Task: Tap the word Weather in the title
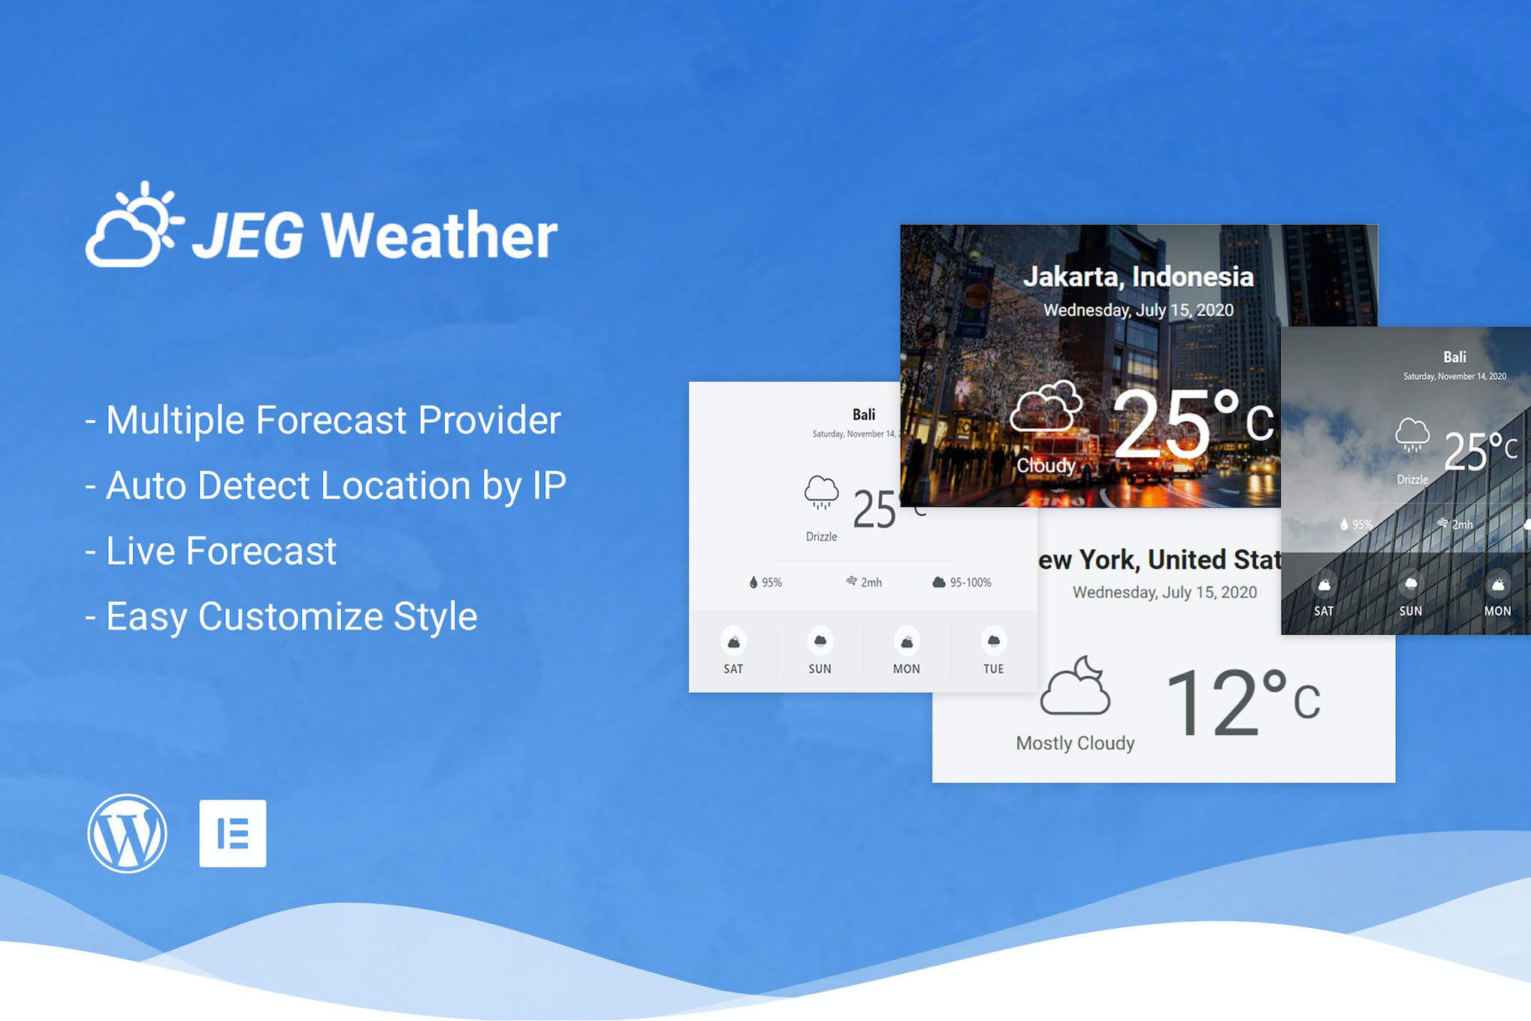click(x=439, y=235)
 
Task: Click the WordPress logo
click(x=127, y=833)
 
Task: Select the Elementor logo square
click(x=233, y=833)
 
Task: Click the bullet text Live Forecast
click(x=221, y=551)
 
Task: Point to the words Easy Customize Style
click(x=291, y=617)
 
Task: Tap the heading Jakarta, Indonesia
click(x=1138, y=276)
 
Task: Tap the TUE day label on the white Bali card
click(x=993, y=669)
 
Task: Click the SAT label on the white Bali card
click(x=733, y=669)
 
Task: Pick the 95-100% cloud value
click(x=970, y=582)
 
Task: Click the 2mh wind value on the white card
click(x=871, y=582)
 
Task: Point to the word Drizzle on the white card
click(x=821, y=536)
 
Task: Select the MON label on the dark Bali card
click(x=1497, y=611)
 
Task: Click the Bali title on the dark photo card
click(x=1454, y=357)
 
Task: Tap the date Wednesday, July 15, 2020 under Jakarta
click(x=1138, y=310)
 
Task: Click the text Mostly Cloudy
click(x=1075, y=743)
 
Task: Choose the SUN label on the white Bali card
click(x=820, y=669)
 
